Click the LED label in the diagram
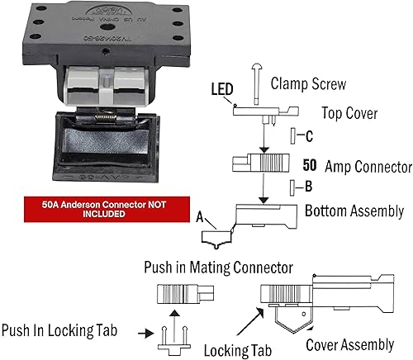pos(221,88)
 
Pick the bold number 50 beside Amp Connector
pos(311,165)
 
